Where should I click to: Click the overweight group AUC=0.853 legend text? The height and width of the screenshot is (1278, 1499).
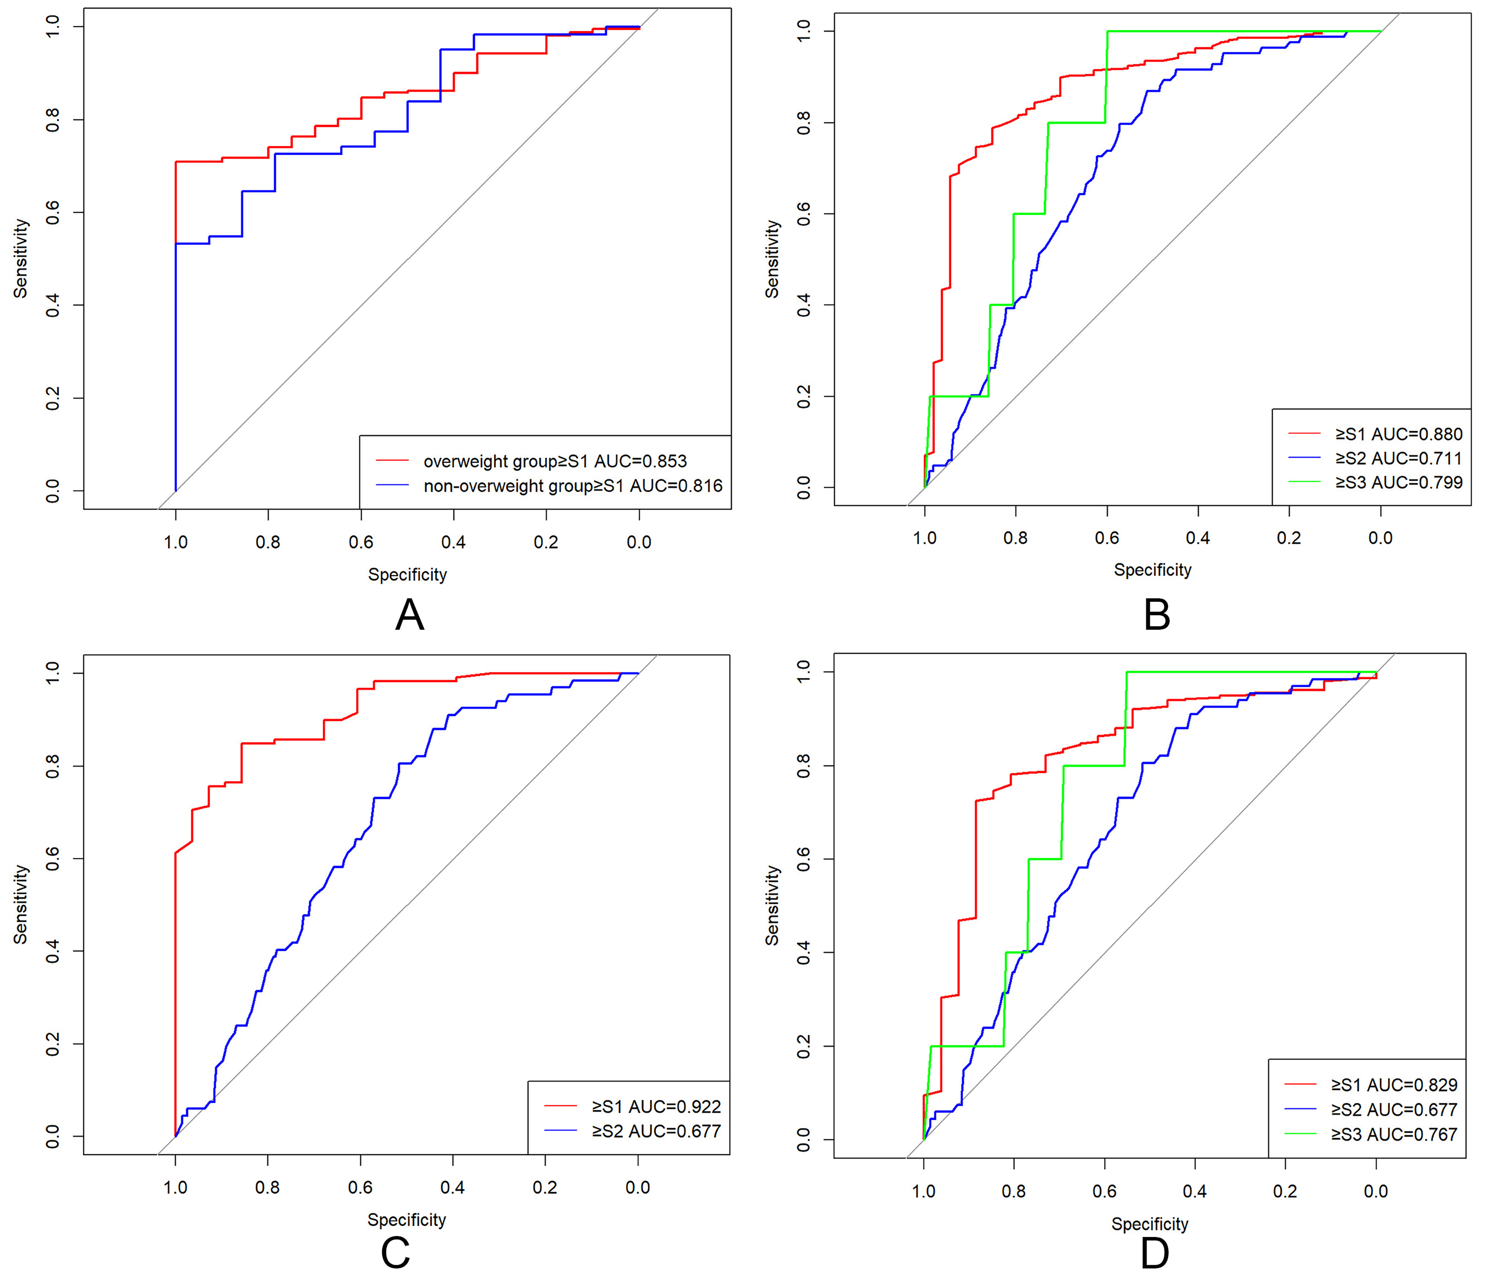click(555, 461)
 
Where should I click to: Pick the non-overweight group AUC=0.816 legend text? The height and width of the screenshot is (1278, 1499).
click(573, 485)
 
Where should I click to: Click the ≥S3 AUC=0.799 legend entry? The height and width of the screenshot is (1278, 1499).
click(1398, 482)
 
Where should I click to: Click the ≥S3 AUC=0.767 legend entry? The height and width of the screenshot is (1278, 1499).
click(1394, 1134)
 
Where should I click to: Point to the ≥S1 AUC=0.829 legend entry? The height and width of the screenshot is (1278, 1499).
click(1394, 1085)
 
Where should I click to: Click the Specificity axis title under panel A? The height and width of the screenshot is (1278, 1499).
click(407, 575)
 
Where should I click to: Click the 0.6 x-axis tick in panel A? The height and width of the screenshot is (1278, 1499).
click(361, 542)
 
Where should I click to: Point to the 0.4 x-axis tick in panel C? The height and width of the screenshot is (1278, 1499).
click(453, 1187)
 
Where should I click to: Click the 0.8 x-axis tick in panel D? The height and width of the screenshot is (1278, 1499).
click(1014, 1191)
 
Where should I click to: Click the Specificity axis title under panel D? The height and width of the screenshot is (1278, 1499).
click(1150, 1224)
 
